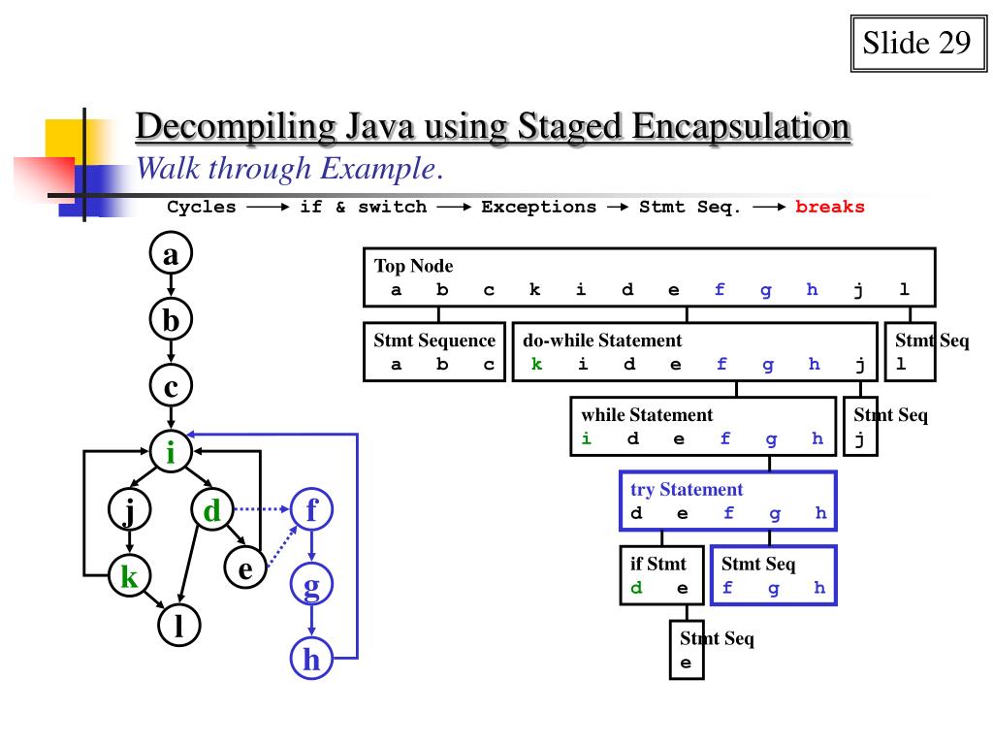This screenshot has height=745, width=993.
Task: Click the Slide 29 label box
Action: click(915, 44)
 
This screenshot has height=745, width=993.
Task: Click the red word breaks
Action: click(830, 207)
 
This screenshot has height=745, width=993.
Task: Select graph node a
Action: click(172, 256)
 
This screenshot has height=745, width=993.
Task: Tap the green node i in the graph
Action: click(172, 452)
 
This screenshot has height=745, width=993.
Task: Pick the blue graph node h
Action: click(311, 661)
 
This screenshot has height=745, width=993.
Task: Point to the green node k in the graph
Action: click(129, 577)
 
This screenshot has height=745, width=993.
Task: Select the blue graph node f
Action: click(311, 508)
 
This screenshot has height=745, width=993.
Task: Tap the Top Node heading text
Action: click(414, 266)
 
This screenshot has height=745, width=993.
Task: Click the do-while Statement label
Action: click(602, 340)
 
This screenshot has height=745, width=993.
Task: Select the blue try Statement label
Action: click(687, 490)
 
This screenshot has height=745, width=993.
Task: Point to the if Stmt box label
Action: click(658, 564)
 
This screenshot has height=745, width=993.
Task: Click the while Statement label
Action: click(647, 415)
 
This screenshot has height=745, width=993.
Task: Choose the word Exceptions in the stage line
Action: click(539, 207)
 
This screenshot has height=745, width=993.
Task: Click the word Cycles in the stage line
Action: click(202, 207)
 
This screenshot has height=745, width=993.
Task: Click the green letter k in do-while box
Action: click(536, 365)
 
